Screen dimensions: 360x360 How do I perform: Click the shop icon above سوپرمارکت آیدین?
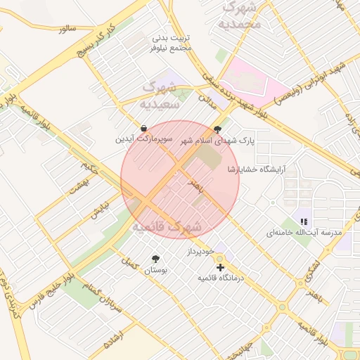coord(144,129)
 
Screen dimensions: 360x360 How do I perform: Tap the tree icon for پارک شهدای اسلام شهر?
coord(217,129)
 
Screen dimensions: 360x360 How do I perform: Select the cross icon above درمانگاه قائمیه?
coord(221,268)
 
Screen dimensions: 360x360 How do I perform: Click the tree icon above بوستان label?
coord(155,259)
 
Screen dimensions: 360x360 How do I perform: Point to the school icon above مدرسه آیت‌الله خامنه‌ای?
coord(304,221)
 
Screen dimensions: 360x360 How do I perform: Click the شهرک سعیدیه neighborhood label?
coord(161,96)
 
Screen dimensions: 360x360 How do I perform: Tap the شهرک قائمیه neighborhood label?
coord(167,227)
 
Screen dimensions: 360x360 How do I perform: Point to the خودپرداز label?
coord(204,251)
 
